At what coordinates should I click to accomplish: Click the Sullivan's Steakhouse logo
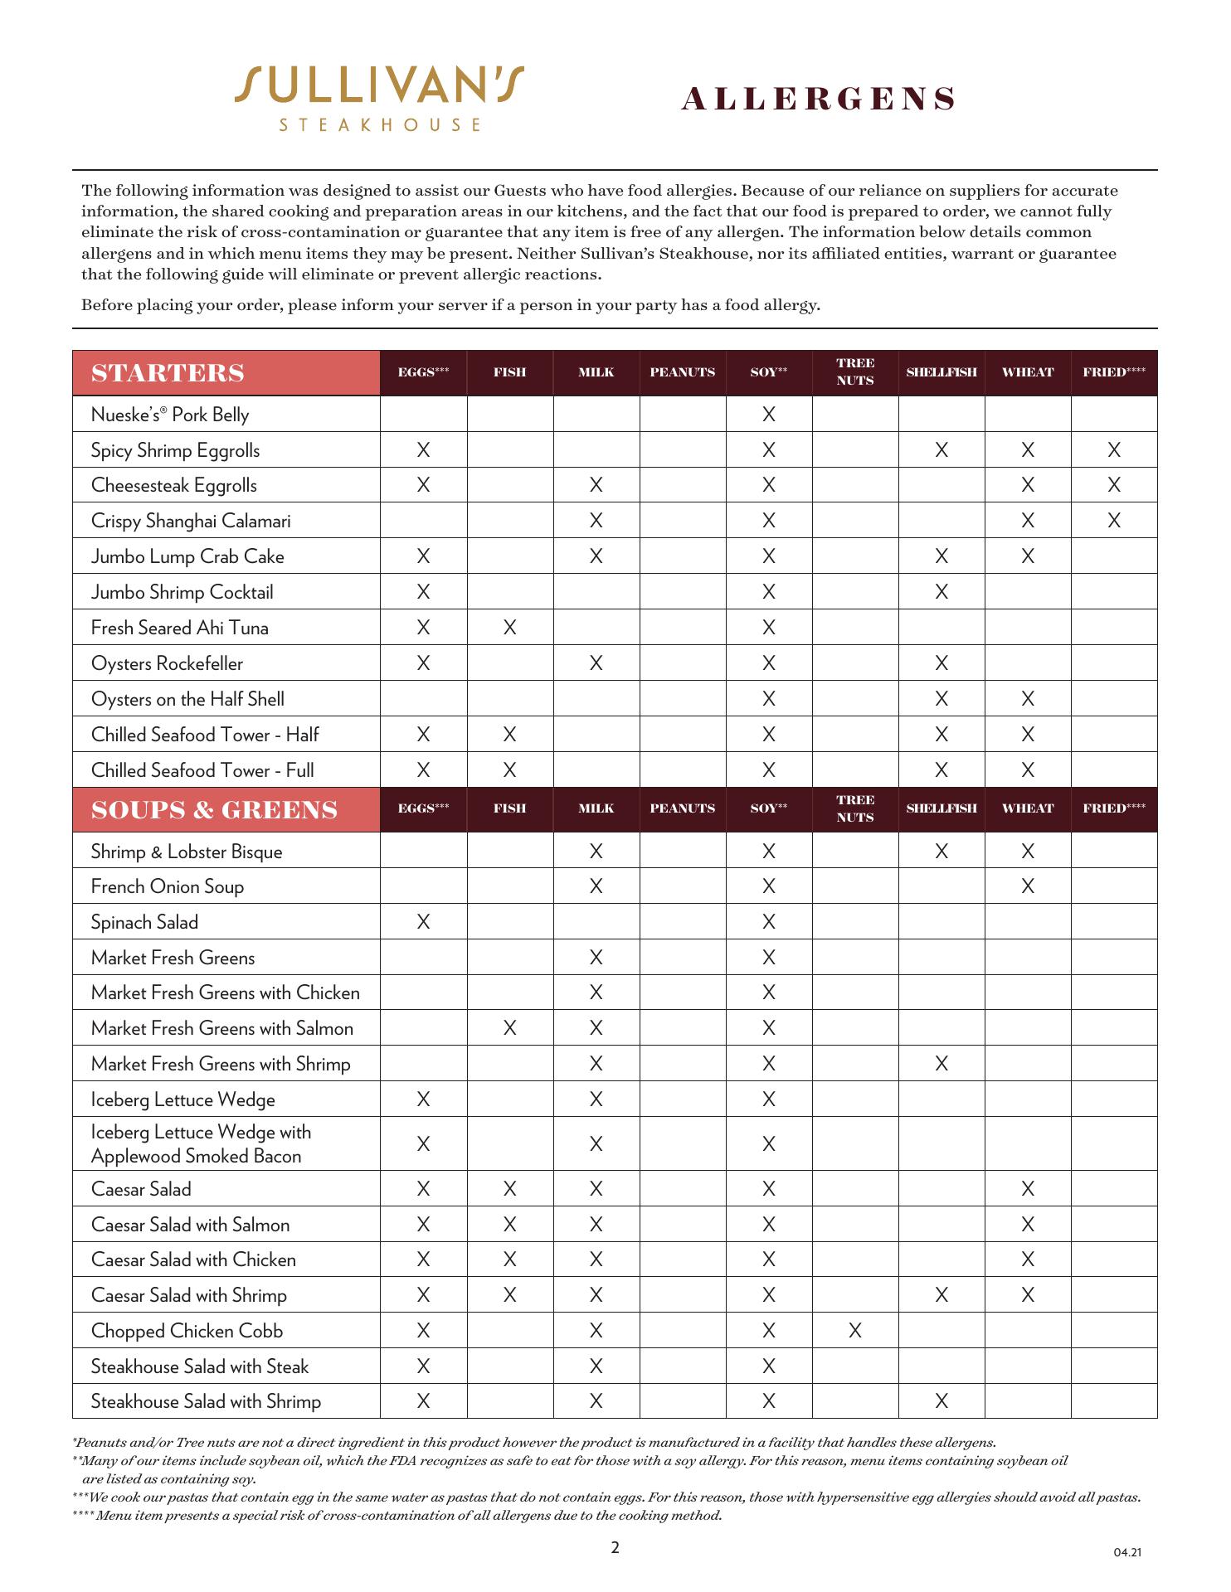379,98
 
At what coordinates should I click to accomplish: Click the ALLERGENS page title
818,99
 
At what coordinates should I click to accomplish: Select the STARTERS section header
168,373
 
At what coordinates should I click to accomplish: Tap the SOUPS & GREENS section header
215,810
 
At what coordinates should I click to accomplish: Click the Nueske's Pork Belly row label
170,415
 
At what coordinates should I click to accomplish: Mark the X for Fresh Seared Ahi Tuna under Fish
509,628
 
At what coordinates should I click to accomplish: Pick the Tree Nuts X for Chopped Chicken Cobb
855,1331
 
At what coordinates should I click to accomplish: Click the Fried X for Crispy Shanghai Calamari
1114,521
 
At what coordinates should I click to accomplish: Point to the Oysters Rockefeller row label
167,663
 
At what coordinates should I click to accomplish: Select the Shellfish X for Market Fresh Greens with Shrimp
941,1064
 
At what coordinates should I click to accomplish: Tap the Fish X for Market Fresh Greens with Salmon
509,1028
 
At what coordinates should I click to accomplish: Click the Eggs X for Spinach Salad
423,922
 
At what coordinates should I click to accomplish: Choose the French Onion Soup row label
168,886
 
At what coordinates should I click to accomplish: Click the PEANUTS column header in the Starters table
682,372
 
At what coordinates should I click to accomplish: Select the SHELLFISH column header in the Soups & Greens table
941,808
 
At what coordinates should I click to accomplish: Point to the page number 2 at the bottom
615,1547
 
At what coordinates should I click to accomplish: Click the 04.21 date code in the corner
1127,1552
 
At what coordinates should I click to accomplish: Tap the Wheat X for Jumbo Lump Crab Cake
1028,556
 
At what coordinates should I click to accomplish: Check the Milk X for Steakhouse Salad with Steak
596,1366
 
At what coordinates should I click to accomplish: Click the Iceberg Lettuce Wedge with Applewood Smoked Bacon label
201,1144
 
